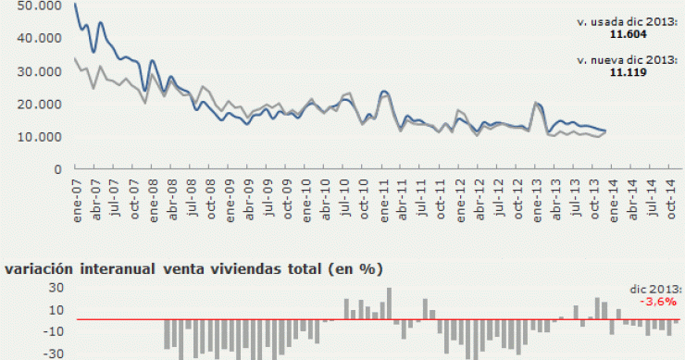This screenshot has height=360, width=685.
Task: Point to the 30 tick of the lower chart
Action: coord(29,288)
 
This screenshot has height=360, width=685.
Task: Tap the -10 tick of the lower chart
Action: coord(26,331)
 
